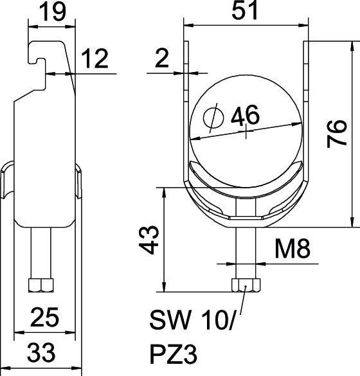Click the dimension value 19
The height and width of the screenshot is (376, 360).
tap(51, 13)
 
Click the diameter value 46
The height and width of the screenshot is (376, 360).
tap(245, 116)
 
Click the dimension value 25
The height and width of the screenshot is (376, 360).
tap(46, 317)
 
